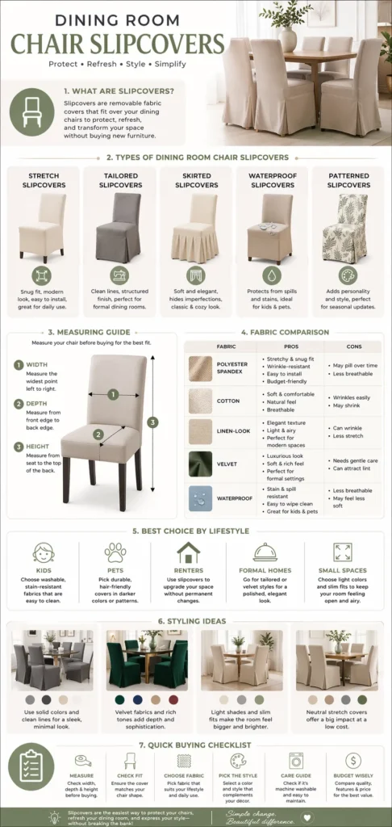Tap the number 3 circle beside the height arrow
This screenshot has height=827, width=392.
153,421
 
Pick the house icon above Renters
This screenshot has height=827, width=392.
188,552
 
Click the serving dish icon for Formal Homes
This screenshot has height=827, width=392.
265,552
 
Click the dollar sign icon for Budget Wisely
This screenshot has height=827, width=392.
352,760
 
